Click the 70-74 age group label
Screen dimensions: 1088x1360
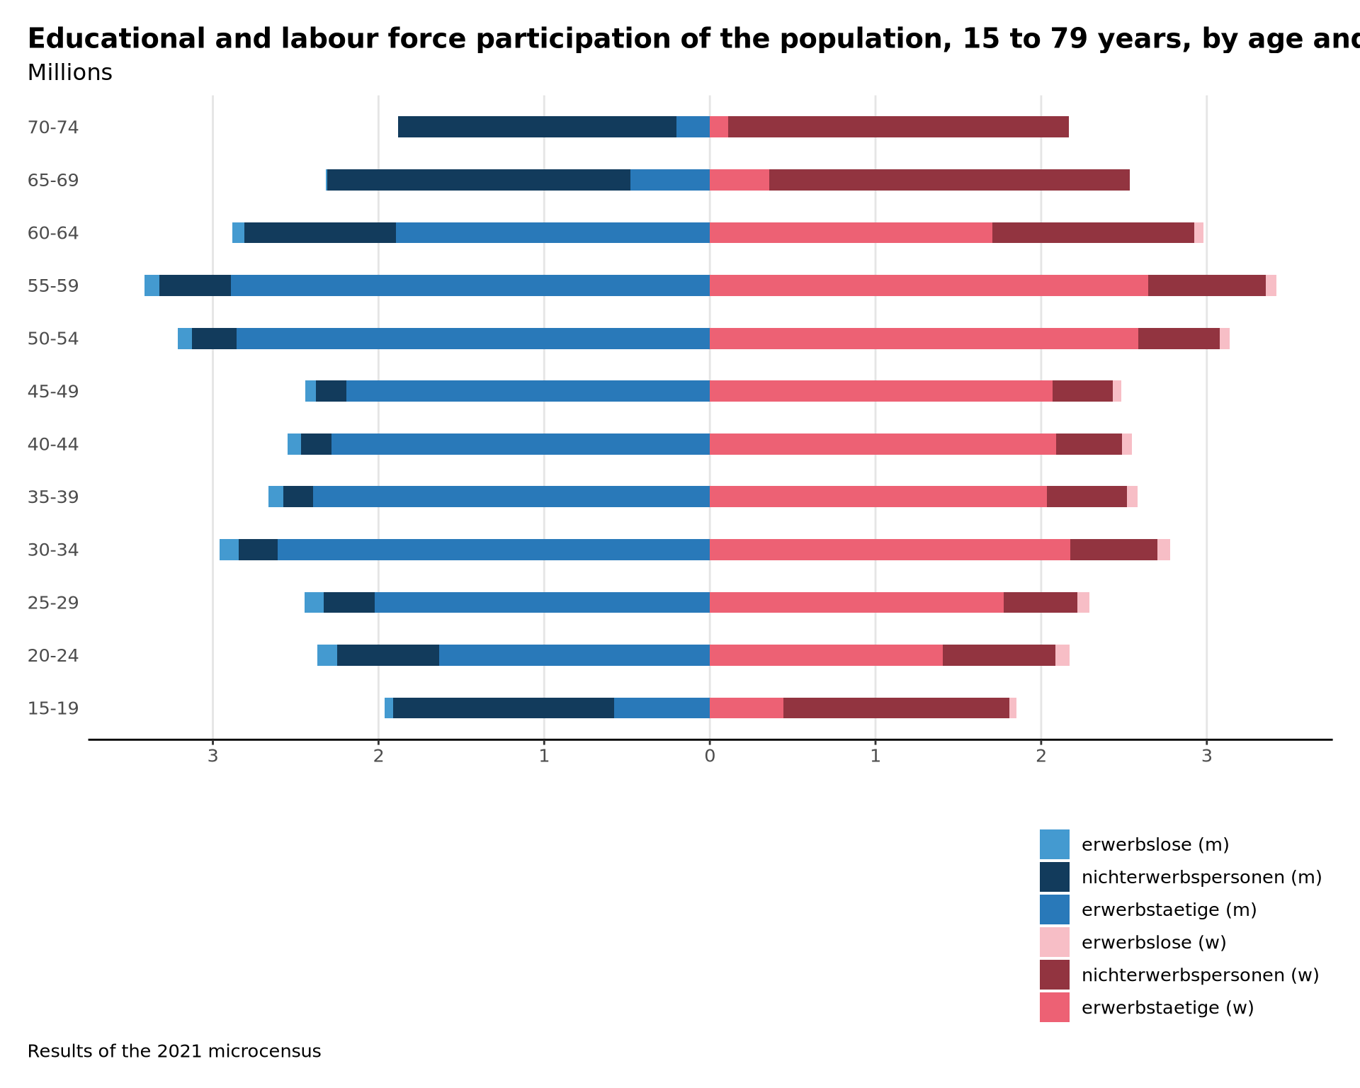[x=53, y=127]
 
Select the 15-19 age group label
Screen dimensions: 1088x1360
[x=53, y=708]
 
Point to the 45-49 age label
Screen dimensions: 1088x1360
[x=53, y=392]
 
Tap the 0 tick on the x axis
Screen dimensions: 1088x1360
[x=709, y=756]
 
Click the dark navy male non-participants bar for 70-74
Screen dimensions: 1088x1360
[x=537, y=127]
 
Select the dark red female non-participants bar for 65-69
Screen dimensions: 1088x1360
[x=949, y=180]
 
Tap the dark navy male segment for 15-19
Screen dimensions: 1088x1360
[x=504, y=708]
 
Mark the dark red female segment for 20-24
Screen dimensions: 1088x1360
[x=999, y=655]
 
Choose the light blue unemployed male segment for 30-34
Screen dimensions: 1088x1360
[x=229, y=550]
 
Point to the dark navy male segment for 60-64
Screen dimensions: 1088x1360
[x=320, y=232]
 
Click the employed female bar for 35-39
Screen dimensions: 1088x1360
[x=878, y=497]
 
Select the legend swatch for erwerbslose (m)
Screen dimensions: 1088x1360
[x=1054, y=844]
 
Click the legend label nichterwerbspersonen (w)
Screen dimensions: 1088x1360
[x=1200, y=975]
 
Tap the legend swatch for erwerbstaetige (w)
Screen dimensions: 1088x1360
[x=1054, y=1007]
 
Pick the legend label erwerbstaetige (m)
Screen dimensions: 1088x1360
[x=1169, y=909]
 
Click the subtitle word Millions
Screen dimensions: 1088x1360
[x=69, y=73]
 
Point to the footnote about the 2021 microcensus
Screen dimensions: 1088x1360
[x=174, y=1051]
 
